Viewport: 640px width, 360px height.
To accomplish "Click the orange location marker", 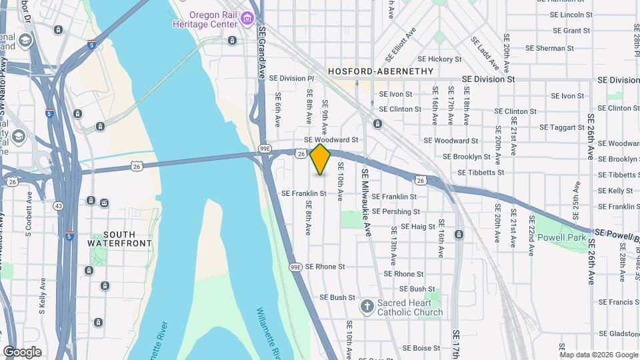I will [x=320, y=159].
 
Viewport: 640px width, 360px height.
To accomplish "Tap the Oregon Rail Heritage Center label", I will [x=213, y=19].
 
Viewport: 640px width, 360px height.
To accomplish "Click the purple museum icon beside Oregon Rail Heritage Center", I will [x=247, y=18].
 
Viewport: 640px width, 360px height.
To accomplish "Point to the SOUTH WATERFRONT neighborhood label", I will [x=120, y=239].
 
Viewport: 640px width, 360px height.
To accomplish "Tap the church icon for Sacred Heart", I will [x=366, y=307].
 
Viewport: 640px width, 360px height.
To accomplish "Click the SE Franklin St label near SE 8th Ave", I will [x=304, y=193].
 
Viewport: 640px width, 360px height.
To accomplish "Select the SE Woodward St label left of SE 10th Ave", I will [x=331, y=140].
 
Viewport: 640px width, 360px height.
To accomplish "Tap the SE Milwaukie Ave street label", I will [x=366, y=201].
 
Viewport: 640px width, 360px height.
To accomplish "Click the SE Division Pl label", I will [x=291, y=78].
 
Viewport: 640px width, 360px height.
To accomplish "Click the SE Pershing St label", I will [x=396, y=212].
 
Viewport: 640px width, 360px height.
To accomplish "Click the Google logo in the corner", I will [x=22, y=351].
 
